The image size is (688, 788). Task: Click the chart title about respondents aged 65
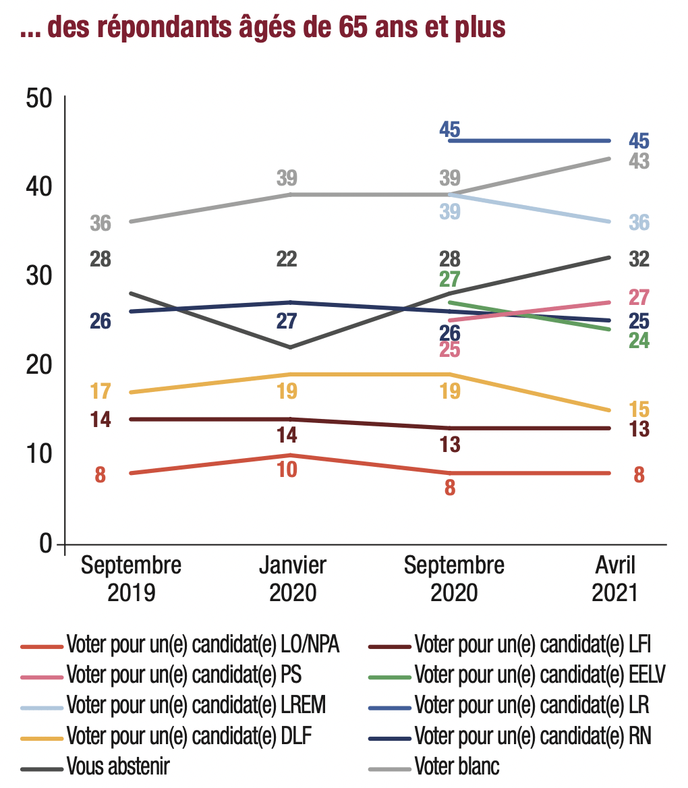tap(263, 28)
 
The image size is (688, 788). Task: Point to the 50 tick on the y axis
tap(38, 98)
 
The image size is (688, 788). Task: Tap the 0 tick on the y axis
tap(46, 544)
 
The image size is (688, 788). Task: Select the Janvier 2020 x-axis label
tap(293, 579)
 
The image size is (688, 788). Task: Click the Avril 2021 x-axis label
tap(614, 579)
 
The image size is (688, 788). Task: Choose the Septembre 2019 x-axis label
tap(132, 579)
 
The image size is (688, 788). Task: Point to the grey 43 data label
tap(639, 162)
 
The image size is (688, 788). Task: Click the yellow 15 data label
tap(639, 410)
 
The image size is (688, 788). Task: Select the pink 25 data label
tap(450, 349)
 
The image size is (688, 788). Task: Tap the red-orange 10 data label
tap(287, 470)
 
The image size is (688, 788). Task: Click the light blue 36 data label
tap(639, 222)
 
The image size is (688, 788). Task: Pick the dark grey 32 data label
tap(639, 259)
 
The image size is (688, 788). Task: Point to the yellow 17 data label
tap(100, 391)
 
